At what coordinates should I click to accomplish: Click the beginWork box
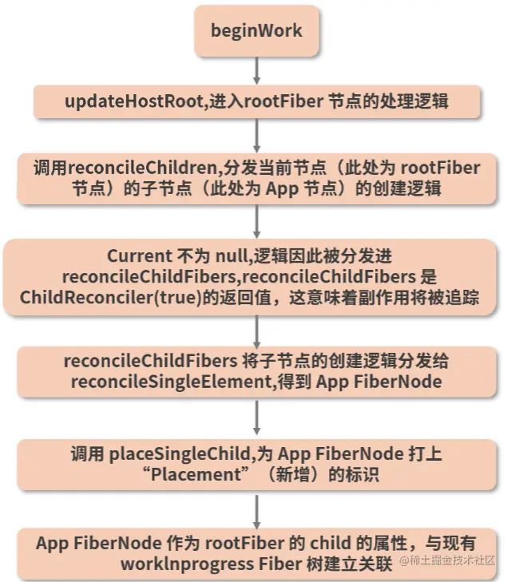point(256,31)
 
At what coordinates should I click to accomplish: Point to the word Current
point(138,256)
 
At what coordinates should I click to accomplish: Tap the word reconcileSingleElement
point(188,382)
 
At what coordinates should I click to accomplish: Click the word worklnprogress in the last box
point(167,563)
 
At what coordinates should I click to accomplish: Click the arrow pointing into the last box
point(256,508)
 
